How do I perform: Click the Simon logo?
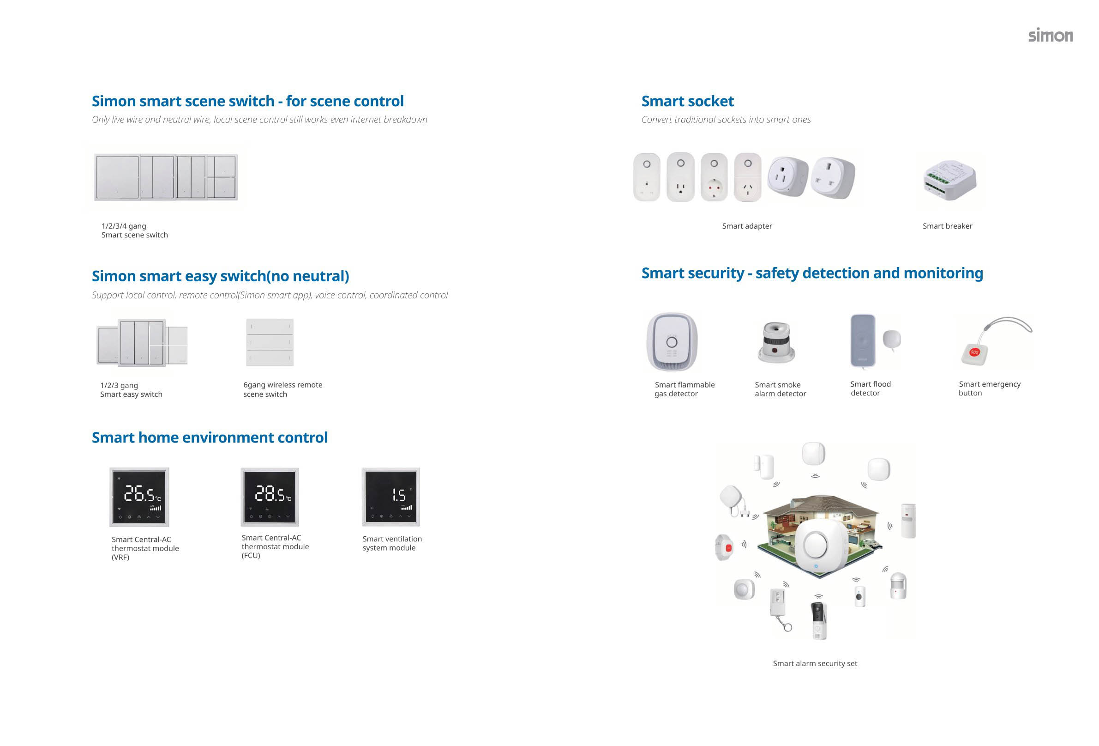tap(1050, 36)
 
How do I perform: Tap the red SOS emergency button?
tap(975, 352)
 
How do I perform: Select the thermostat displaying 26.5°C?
tap(139, 497)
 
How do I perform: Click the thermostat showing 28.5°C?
tap(270, 497)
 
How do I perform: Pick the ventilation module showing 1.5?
tap(391, 497)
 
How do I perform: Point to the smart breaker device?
tap(949, 180)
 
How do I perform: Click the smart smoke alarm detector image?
tap(776, 342)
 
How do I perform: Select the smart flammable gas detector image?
tap(672, 342)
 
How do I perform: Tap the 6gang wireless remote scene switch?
tap(270, 342)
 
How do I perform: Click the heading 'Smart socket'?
tap(687, 101)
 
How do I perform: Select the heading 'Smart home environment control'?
tap(210, 437)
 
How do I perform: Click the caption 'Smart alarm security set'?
tap(815, 663)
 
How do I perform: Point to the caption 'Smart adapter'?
tap(747, 226)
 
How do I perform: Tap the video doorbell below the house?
tap(819, 619)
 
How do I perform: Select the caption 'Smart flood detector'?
tap(870, 388)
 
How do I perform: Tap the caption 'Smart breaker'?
tap(947, 226)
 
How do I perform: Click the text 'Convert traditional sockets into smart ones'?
tap(726, 120)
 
